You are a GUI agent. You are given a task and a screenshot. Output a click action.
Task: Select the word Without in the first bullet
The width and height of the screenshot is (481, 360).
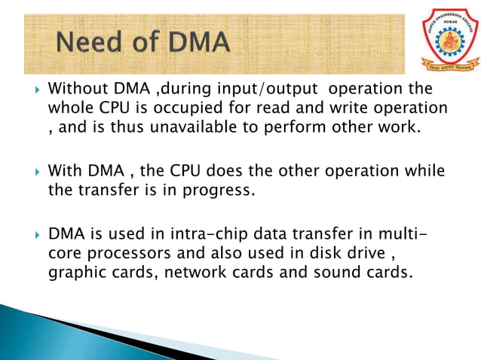(x=75, y=90)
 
